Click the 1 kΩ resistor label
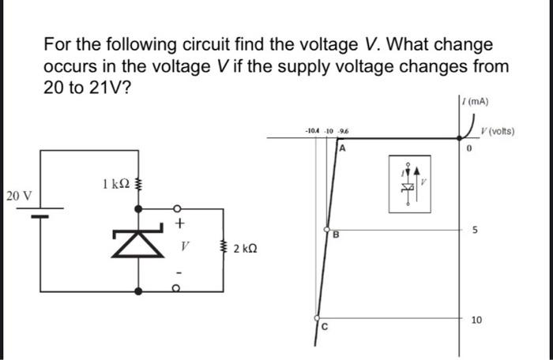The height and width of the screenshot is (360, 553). click(115, 185)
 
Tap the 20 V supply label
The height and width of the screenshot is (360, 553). click(17, 195)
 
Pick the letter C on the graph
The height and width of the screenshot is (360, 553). click(323, 326)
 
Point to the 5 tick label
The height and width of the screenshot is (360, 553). click(474, 231)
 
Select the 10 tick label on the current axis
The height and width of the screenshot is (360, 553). click(476, 320)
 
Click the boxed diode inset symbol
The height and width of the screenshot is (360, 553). click(409, 182)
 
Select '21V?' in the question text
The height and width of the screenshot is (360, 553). click(111, 86)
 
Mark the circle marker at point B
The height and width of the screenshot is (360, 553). click(325, 228)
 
